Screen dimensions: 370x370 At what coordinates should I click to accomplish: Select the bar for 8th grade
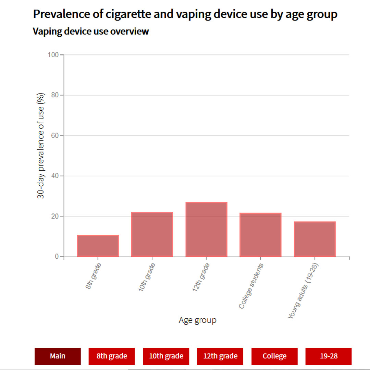coord(98,246)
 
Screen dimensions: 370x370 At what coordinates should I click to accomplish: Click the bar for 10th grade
coord(152,235)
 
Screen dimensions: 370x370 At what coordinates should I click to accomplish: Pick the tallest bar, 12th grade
coord(206,230)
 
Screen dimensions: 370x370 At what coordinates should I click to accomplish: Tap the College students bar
coord(260,235)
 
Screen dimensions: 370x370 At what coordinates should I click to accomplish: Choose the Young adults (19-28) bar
coord(314,239)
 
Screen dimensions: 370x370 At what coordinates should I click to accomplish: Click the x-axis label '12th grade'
coord(201,277)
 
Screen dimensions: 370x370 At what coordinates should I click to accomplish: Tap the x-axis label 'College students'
coord(251,286)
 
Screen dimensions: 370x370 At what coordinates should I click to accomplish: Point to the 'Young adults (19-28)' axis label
coord(303,291)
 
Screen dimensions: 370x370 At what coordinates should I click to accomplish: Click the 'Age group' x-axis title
coord(198,320)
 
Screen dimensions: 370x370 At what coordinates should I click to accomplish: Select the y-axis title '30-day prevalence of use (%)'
coord(41,146)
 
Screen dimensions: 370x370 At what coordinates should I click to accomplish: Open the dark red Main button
coord(58,356)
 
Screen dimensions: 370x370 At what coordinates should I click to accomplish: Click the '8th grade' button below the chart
coord(112,356)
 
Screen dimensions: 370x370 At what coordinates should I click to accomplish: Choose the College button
coord(274,356)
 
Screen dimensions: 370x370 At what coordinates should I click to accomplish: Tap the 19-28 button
coord(329,356)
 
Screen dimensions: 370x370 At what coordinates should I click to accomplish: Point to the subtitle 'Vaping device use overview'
coord(91,32)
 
